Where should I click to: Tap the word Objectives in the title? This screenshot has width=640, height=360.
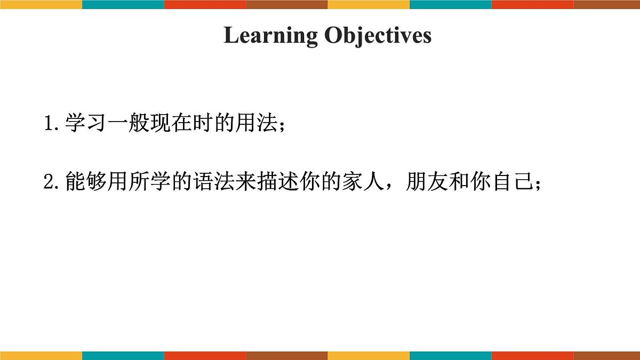pos(378,36)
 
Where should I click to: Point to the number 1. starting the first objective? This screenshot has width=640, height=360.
pos(52,124)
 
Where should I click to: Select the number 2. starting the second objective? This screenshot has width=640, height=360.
pos(52,183)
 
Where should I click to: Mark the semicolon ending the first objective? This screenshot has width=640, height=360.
pos(282,126)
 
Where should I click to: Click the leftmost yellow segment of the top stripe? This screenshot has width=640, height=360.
pos(41,4)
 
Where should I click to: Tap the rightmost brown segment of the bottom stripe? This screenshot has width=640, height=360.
pos(606,355)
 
